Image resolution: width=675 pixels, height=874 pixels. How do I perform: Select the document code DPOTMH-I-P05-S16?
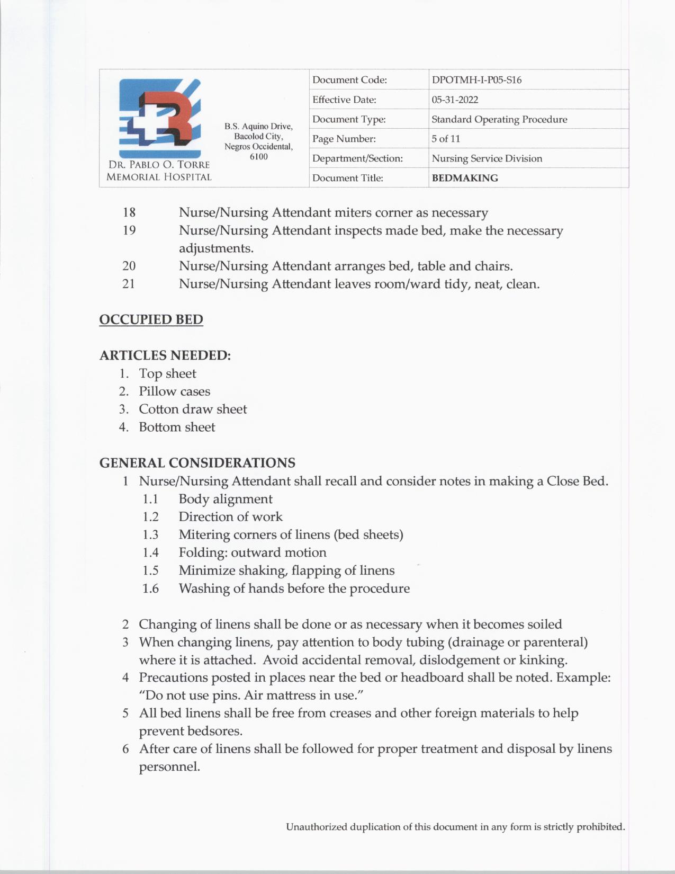point(476,80)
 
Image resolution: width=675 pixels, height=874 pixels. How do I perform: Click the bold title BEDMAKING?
point(465,178)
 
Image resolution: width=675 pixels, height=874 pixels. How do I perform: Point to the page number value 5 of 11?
point(446,139)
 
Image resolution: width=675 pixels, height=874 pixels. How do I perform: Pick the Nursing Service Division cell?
point(487,158)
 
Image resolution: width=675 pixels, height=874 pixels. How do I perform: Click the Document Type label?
point(349,119)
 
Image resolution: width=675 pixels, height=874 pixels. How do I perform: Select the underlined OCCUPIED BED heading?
point(151,319)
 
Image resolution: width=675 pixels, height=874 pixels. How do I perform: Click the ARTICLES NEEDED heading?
point(165,355)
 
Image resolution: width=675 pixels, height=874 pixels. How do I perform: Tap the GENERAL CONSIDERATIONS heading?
point(197,462)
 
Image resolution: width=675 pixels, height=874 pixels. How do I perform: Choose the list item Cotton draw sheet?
point(193,409)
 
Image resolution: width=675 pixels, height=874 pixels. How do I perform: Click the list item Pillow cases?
point(174,391)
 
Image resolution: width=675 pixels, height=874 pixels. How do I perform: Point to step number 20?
point(129,266)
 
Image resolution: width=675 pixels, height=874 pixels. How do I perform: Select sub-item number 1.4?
point(150,552)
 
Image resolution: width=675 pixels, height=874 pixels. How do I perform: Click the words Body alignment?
point(226,499)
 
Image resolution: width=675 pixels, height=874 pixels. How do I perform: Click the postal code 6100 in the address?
point(258,157)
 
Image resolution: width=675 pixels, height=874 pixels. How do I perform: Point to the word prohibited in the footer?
point(600,826)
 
